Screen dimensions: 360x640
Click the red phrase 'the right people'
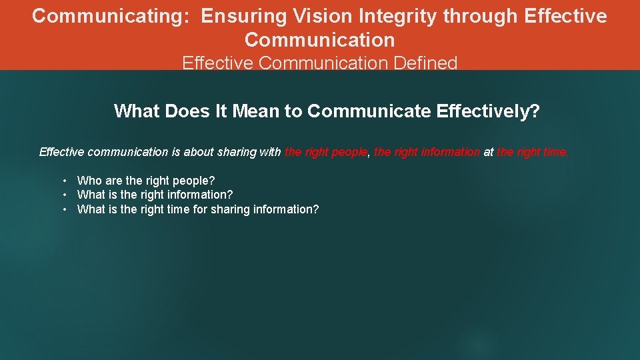pyautogui.click(x=325, y=152)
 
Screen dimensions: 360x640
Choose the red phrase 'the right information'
pyautogui.click(x=427, y=152)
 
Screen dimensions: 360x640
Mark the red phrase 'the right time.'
pyautogui.click(x=533, y=152)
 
